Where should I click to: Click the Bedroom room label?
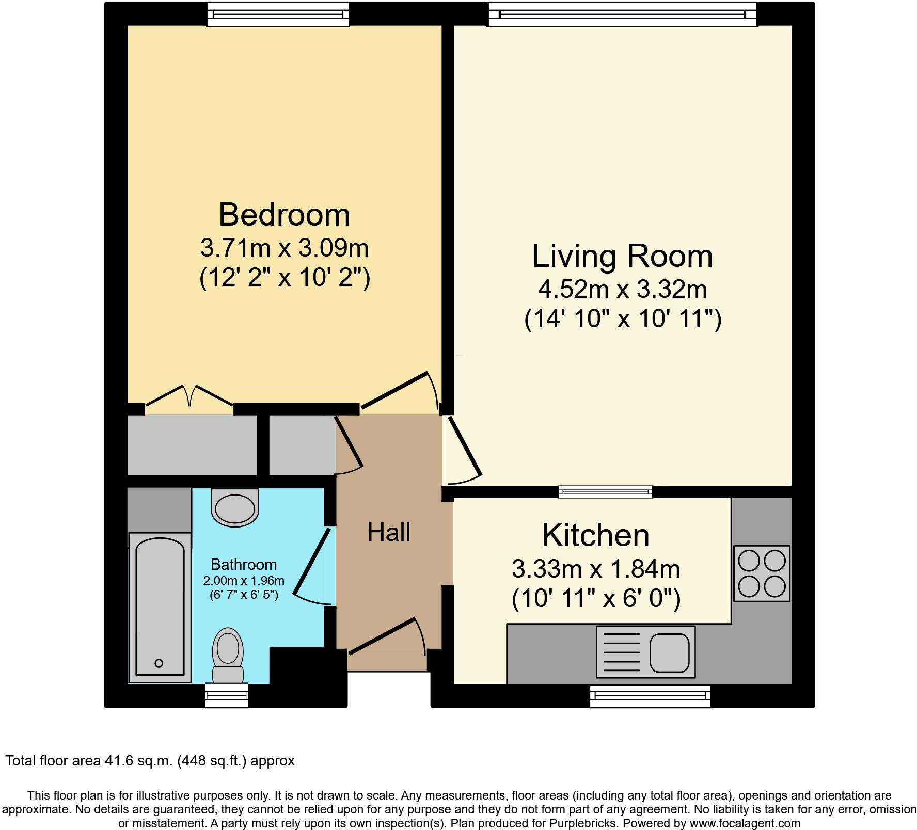click(284, 215)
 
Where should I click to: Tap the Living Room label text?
click(622, 256)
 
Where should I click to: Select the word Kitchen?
click(595, 535)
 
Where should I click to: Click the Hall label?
click(389, 532)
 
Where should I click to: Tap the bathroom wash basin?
click(235, 508)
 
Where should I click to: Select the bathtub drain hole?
click(159, 663)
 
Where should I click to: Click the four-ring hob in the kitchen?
click(762, 573)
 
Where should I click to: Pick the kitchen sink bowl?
click(669, 652)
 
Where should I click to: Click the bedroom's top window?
click(278, 14)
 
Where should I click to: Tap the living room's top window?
click(622, 14)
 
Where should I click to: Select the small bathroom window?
click(227, 695)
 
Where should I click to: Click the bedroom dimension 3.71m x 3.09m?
click(284, 248)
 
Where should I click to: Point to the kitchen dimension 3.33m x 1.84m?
click(595, 569)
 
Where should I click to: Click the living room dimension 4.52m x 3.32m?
click(622, 290)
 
